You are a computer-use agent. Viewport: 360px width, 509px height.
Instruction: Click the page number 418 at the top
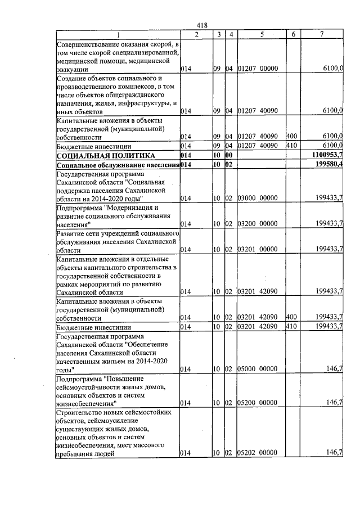[203, 25]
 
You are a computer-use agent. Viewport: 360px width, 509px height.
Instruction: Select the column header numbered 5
[262, 35]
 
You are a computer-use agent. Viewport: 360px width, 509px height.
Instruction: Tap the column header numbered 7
[321, 35]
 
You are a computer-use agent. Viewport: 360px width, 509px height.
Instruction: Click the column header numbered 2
[196, 35]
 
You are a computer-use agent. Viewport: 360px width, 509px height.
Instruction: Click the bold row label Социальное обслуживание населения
[118, 164]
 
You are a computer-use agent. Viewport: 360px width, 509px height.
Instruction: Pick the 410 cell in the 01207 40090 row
[291, 146]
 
